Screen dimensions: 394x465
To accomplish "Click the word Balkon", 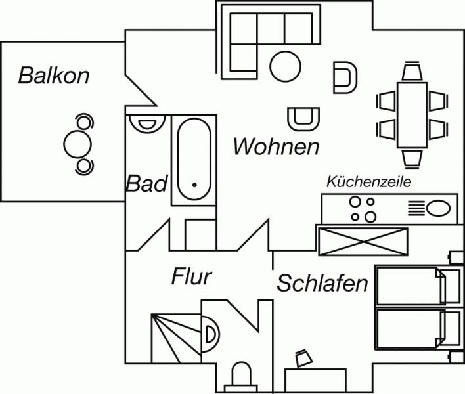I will point(54,75).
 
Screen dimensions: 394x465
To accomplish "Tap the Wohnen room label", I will point(276,146).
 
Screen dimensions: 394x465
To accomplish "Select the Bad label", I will point(147,184).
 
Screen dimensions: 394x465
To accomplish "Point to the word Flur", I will point(192,276).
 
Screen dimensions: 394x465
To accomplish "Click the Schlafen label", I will point(322,284).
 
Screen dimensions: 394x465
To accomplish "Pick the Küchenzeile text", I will point(368,182).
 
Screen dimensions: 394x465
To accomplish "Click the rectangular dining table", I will point(412,114).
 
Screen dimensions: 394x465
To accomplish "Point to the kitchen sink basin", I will point(438,209).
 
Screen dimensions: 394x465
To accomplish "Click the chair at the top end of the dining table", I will point(412,70).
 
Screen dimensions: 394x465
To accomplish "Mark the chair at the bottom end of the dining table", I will point(412,158).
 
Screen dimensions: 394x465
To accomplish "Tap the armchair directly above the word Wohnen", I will point(303,118).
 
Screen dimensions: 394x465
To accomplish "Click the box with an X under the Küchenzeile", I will point(362,240).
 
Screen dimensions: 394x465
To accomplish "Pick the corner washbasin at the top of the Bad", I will point(146,122).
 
